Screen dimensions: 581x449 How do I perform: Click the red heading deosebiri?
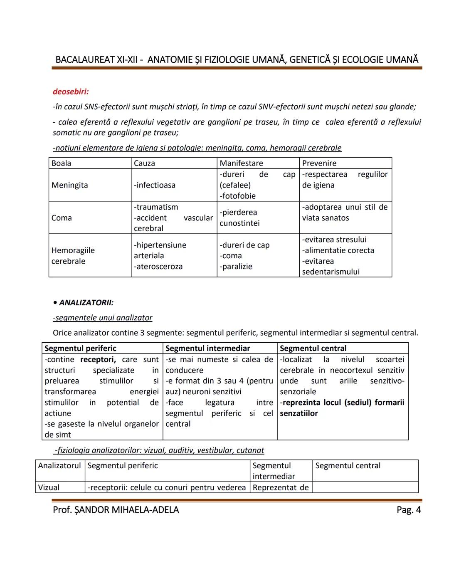pyautogui.click(x=71, y=91)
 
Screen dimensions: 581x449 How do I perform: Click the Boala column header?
pyautogui.click(x=61, y=163)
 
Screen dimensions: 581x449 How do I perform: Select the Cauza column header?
pyautogui.click(x=144, y=163)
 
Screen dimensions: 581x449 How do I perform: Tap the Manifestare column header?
pyautogui.click(x=241, y=163)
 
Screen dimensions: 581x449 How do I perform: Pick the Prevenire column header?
pyautogui.click(x=319, y=163)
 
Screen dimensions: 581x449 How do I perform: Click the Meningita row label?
pyautogui.click(x=69, y=185)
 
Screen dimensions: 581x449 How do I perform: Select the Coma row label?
pyautogui.click(x=62, y=218)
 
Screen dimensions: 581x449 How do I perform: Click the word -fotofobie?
pyautogui.click(x=238, y=196)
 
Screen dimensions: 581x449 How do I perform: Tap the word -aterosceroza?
pyautogui.click(x=158, y=267)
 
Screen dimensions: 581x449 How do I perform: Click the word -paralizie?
pyautogui.click(x=236, y=267)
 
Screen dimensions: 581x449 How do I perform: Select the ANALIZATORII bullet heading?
pyautogui.click(x=86, y=303)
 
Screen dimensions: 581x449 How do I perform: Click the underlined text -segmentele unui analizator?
pyautogui.click(x=103, y=318)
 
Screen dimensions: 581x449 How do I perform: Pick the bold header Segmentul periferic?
pyautogui.click(x=80, y=349)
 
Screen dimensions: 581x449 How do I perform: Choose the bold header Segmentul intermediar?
pyautogui.click(x=207, y=349)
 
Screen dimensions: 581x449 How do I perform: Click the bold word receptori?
pyautogui.click(x=98, y=359)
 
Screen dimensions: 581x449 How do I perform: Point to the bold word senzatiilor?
pyautogui.click(x=299, y=413)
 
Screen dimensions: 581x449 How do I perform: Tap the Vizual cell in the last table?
pyautogui.click(x=49, y=487)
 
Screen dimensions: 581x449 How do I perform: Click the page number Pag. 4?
pyautogui.click(x=409, y=510)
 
